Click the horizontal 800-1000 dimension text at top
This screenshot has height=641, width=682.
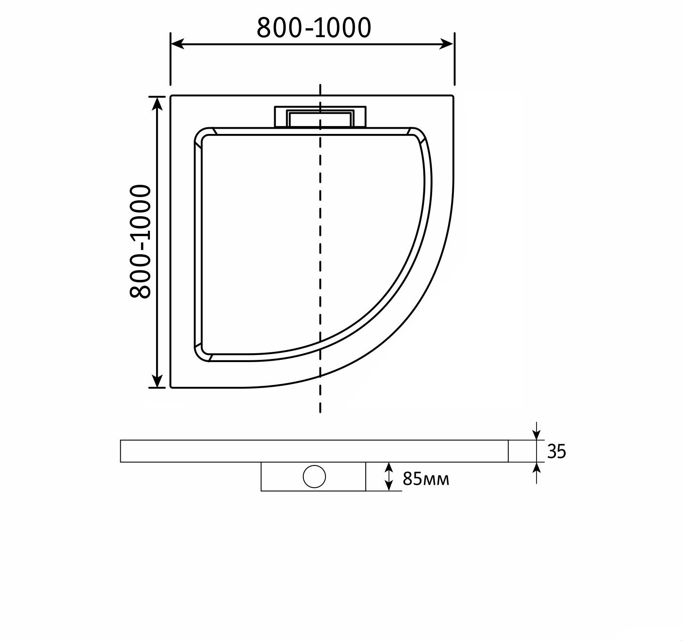click(314, 28)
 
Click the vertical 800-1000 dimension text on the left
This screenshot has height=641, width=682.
click(141, 241)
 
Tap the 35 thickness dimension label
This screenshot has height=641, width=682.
click(556, 451)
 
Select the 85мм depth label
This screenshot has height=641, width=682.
click(425, 478)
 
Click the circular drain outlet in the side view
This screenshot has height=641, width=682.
click(314, 477)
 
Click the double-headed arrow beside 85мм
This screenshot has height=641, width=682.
click(389, 477)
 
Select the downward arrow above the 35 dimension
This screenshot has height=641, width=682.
click(536, 434)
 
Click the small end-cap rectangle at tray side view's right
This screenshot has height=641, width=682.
click(522, 451)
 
